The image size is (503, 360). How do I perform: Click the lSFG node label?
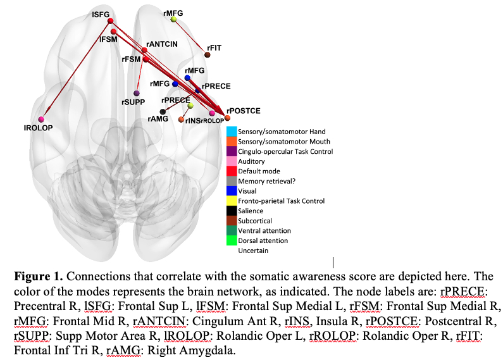100,13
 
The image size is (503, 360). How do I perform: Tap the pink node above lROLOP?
42,119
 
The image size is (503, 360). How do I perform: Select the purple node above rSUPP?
137,93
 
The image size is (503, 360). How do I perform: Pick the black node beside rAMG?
163,112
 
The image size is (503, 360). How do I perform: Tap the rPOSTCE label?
244,111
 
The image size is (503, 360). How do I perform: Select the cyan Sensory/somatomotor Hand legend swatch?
232,131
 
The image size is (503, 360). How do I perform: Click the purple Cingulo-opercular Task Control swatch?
232,151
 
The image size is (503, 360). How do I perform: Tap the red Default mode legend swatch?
232,171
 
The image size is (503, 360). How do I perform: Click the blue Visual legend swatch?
232,190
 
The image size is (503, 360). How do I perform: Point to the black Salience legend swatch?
232,211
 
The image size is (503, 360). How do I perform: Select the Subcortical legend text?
255,221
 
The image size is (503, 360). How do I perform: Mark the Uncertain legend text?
252,251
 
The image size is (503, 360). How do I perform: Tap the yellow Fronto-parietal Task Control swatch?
232,201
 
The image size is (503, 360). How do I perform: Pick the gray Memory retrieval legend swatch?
232,181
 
